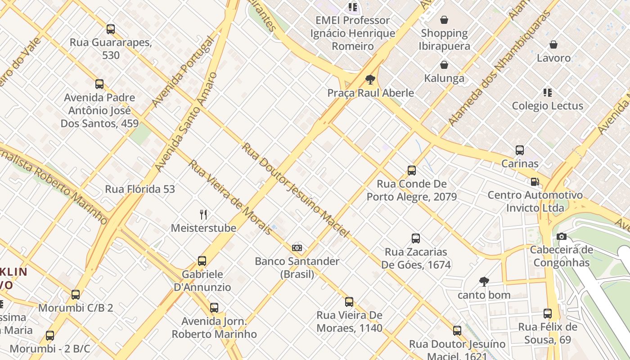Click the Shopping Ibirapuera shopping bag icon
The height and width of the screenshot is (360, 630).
444,20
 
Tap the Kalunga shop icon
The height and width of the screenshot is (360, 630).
444,65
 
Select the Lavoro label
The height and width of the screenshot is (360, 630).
553,58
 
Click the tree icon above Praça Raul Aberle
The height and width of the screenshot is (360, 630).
370,80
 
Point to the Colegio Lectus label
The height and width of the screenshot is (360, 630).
547,106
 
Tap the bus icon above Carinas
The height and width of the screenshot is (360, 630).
520,150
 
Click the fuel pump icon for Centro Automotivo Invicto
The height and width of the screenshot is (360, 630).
535,182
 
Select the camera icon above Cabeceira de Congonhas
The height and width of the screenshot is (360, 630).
561,237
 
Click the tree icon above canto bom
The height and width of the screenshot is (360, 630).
484,282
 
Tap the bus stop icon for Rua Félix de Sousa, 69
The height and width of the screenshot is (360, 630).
547,314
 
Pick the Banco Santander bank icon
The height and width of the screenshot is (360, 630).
297,248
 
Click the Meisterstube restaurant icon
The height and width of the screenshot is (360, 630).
203,215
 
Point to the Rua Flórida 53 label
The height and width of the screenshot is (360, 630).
140,189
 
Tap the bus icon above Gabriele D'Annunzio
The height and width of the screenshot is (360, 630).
202,261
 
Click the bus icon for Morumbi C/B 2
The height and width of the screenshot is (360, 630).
76,295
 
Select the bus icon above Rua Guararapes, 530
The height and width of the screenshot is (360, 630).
111,29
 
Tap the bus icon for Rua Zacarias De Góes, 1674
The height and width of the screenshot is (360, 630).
416,238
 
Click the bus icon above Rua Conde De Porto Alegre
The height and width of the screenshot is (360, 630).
412,171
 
